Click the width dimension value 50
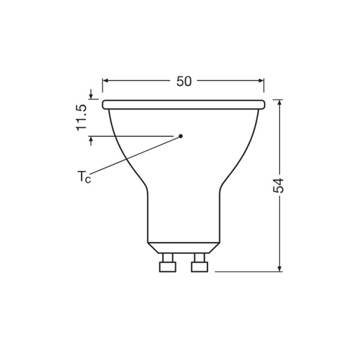[184, 81]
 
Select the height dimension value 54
[279, 185]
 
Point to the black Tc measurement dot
[182, 136]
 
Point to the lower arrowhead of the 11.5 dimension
[91, 140]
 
